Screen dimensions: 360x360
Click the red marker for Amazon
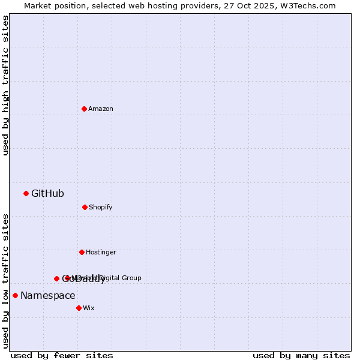coord(84,109)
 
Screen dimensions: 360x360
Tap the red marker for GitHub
coord(26,193)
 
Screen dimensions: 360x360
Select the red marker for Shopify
coord(85,207)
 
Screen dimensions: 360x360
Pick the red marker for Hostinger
coord(82,252)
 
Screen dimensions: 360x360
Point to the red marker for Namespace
coord(15,295)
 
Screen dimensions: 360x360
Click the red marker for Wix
coord(79,308)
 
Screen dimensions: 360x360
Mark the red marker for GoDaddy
coord(56,278)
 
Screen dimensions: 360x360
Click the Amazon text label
coord(101,109)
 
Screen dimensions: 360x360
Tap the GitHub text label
coord(47,193)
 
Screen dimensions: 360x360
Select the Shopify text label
coord(101,207)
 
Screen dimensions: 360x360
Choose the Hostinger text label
coord(101,252)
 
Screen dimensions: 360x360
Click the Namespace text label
coord(48,295)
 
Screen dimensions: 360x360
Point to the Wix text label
coord(89,308)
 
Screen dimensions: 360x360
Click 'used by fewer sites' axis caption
coord(62,355)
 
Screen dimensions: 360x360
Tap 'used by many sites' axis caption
coord(301,355)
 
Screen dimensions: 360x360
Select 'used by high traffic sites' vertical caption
coord(5,85)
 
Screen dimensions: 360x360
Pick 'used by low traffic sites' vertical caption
coord(5,281)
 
